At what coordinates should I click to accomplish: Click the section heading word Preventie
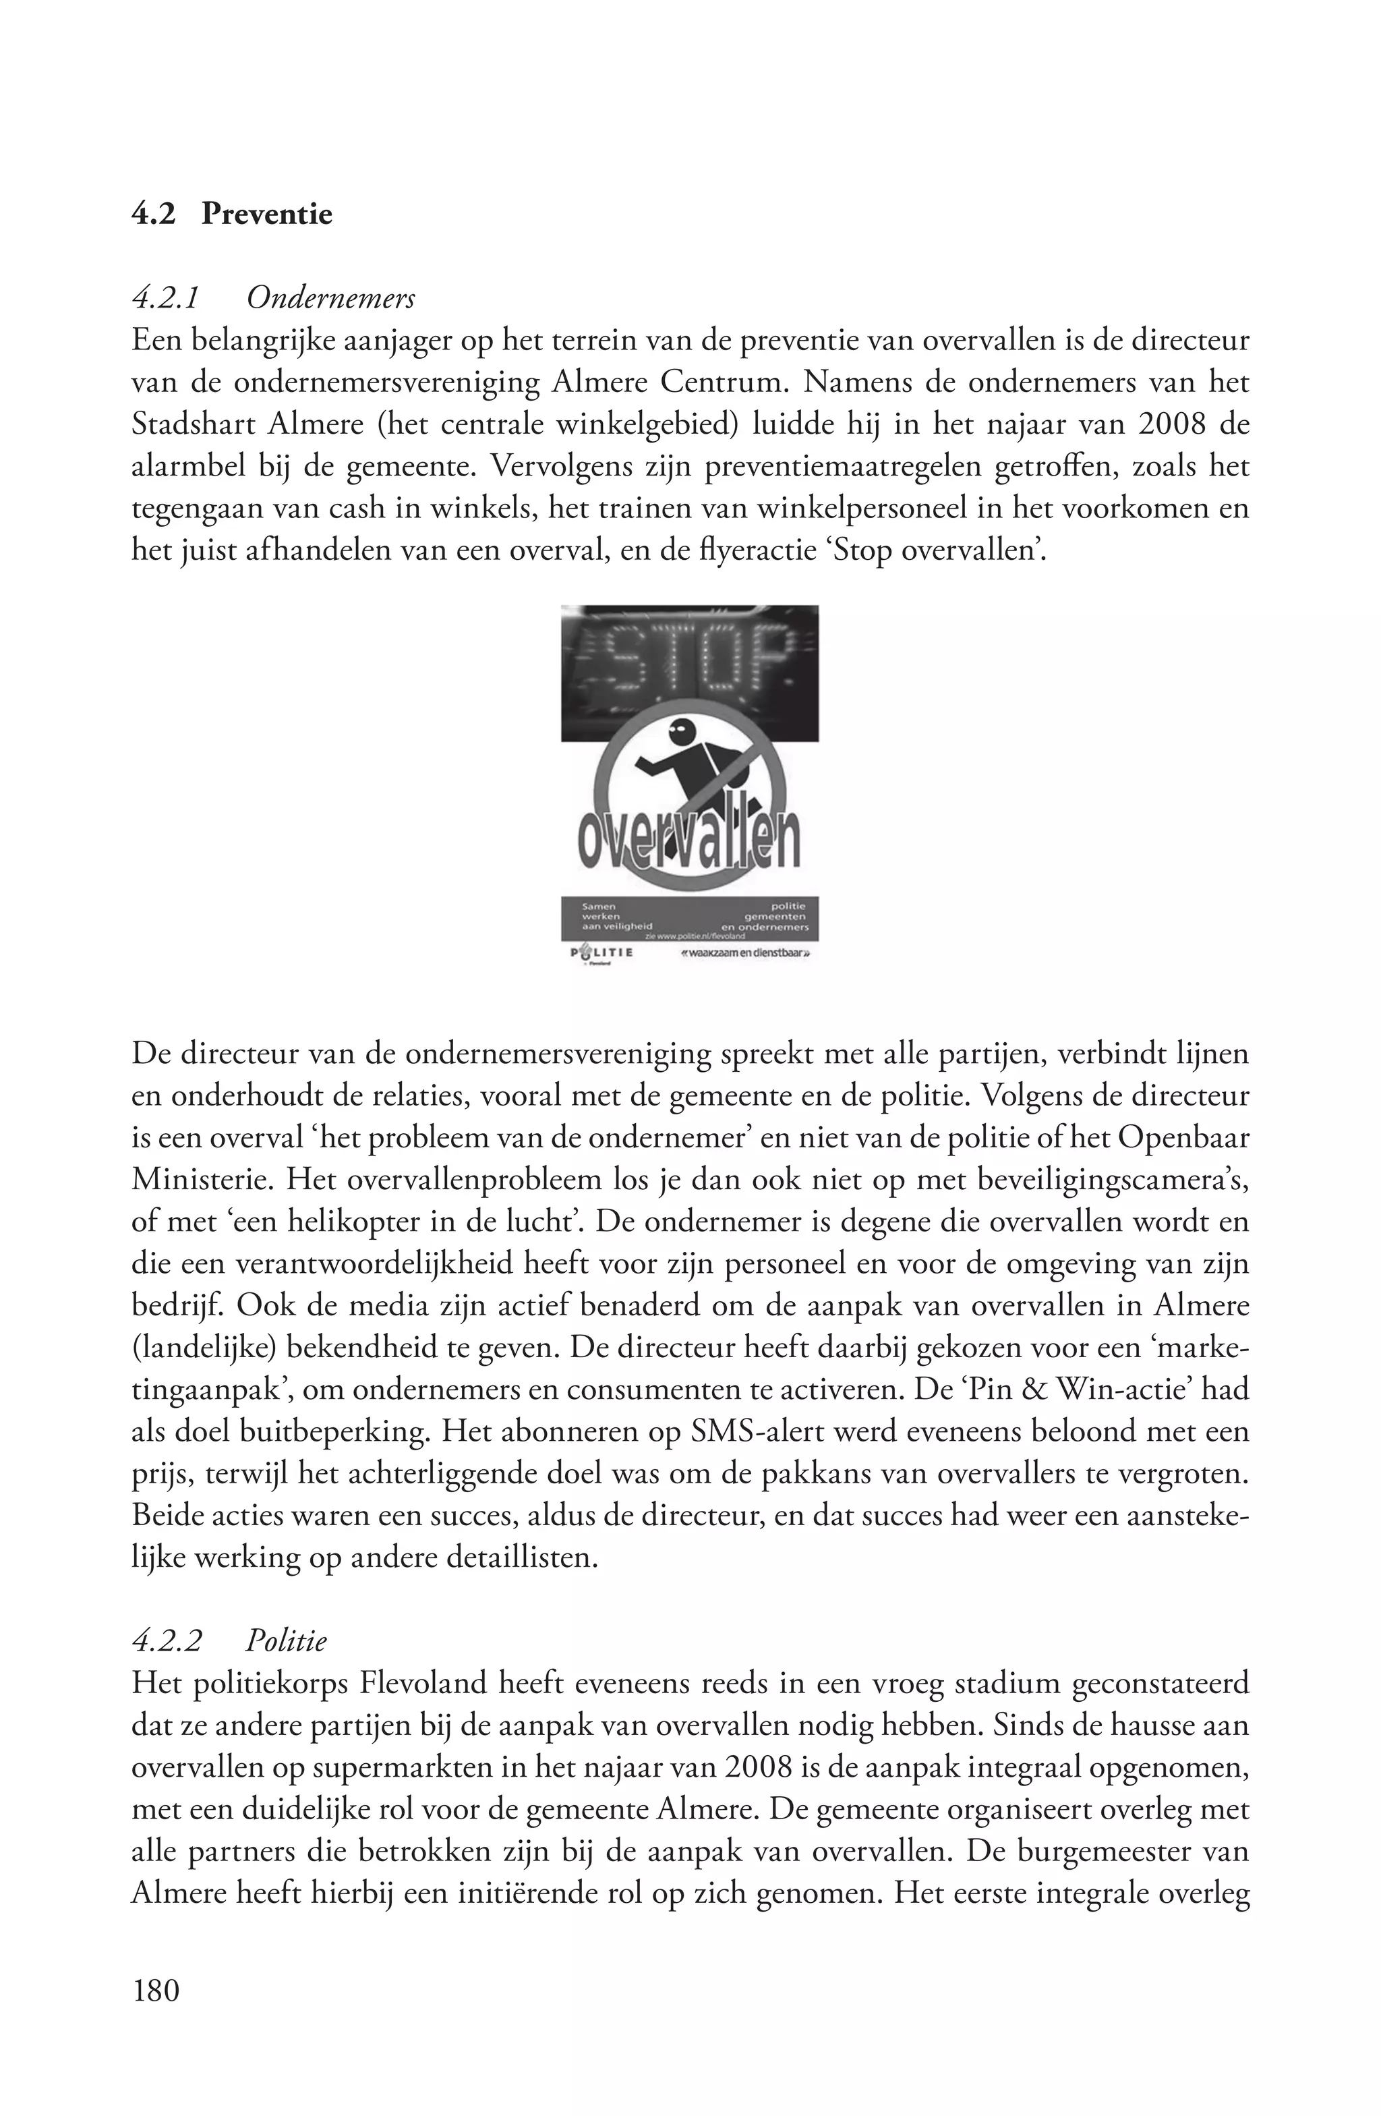pos(266,215)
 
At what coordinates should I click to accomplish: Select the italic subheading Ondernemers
pos(330,299)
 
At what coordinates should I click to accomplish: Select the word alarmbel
pos(183,466)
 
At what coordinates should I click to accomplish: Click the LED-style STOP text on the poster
pos(688,664)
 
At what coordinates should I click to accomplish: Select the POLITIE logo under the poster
pos(601,952)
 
